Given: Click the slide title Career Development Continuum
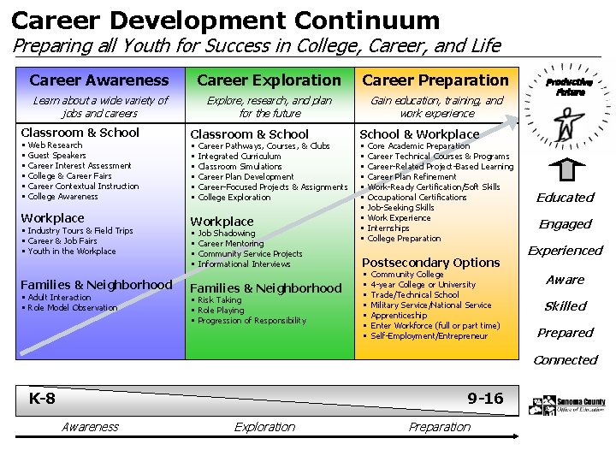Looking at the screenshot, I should [x=225, y=20].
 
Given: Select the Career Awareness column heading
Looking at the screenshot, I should [x=99, y=80].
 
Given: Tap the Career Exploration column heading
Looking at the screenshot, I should [x=269, y=80].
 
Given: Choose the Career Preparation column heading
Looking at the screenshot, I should [x=435, y=80].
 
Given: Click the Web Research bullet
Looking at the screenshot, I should [x=55, y=145].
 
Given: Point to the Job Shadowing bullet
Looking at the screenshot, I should [x=227, y=234].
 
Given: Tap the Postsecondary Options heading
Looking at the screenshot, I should [x=430, y=262].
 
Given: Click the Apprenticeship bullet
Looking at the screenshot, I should [x=399, y=316].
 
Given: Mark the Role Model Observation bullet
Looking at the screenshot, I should [x=73, y=308].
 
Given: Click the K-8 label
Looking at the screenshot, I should [x=42, y=399].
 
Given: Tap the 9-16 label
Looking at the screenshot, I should [x=485, y=399].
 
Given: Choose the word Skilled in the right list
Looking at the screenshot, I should [x=566, y=306].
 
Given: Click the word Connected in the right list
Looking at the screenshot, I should [x=566, y=360].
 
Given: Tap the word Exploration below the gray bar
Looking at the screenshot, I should [x=265, y=427].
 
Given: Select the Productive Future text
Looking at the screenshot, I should [x=569, y=87].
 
